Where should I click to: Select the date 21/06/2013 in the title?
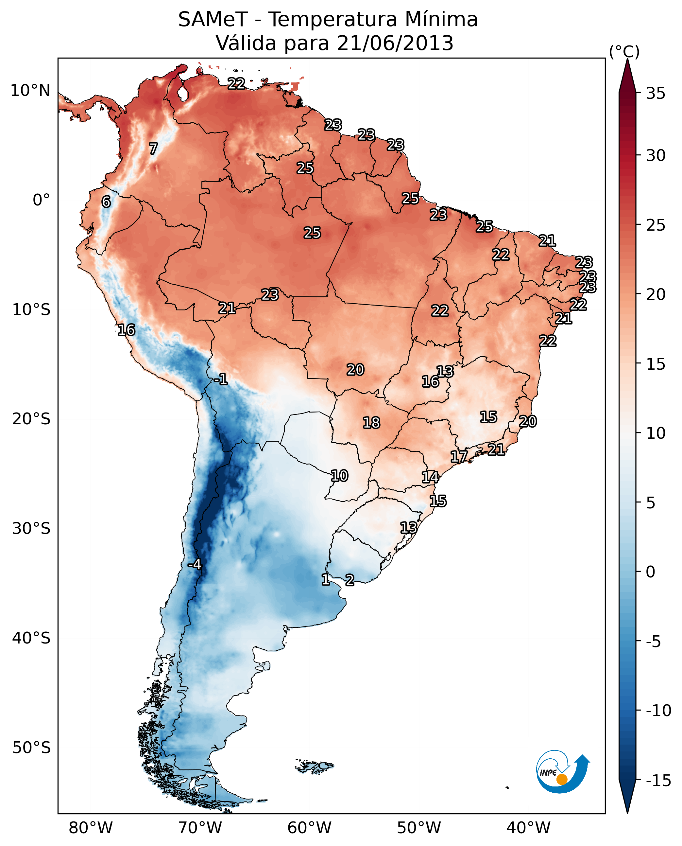pos(395,43)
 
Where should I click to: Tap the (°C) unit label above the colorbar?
pos(624,51)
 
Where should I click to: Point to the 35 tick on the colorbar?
pos(656,94)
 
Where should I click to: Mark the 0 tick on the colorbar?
pos(651,572)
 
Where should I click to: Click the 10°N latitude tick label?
pos(30,91)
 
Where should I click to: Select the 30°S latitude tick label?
pos(31,529)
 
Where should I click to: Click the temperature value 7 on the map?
pos(153,149)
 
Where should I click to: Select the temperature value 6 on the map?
pos(106,202)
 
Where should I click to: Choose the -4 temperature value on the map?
pos(195,565)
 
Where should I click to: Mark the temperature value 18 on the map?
pos(371,423)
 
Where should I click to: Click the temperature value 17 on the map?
pos(459,456)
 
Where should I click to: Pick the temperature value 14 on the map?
pos(430,477)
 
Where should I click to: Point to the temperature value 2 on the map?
pos(350,580)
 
